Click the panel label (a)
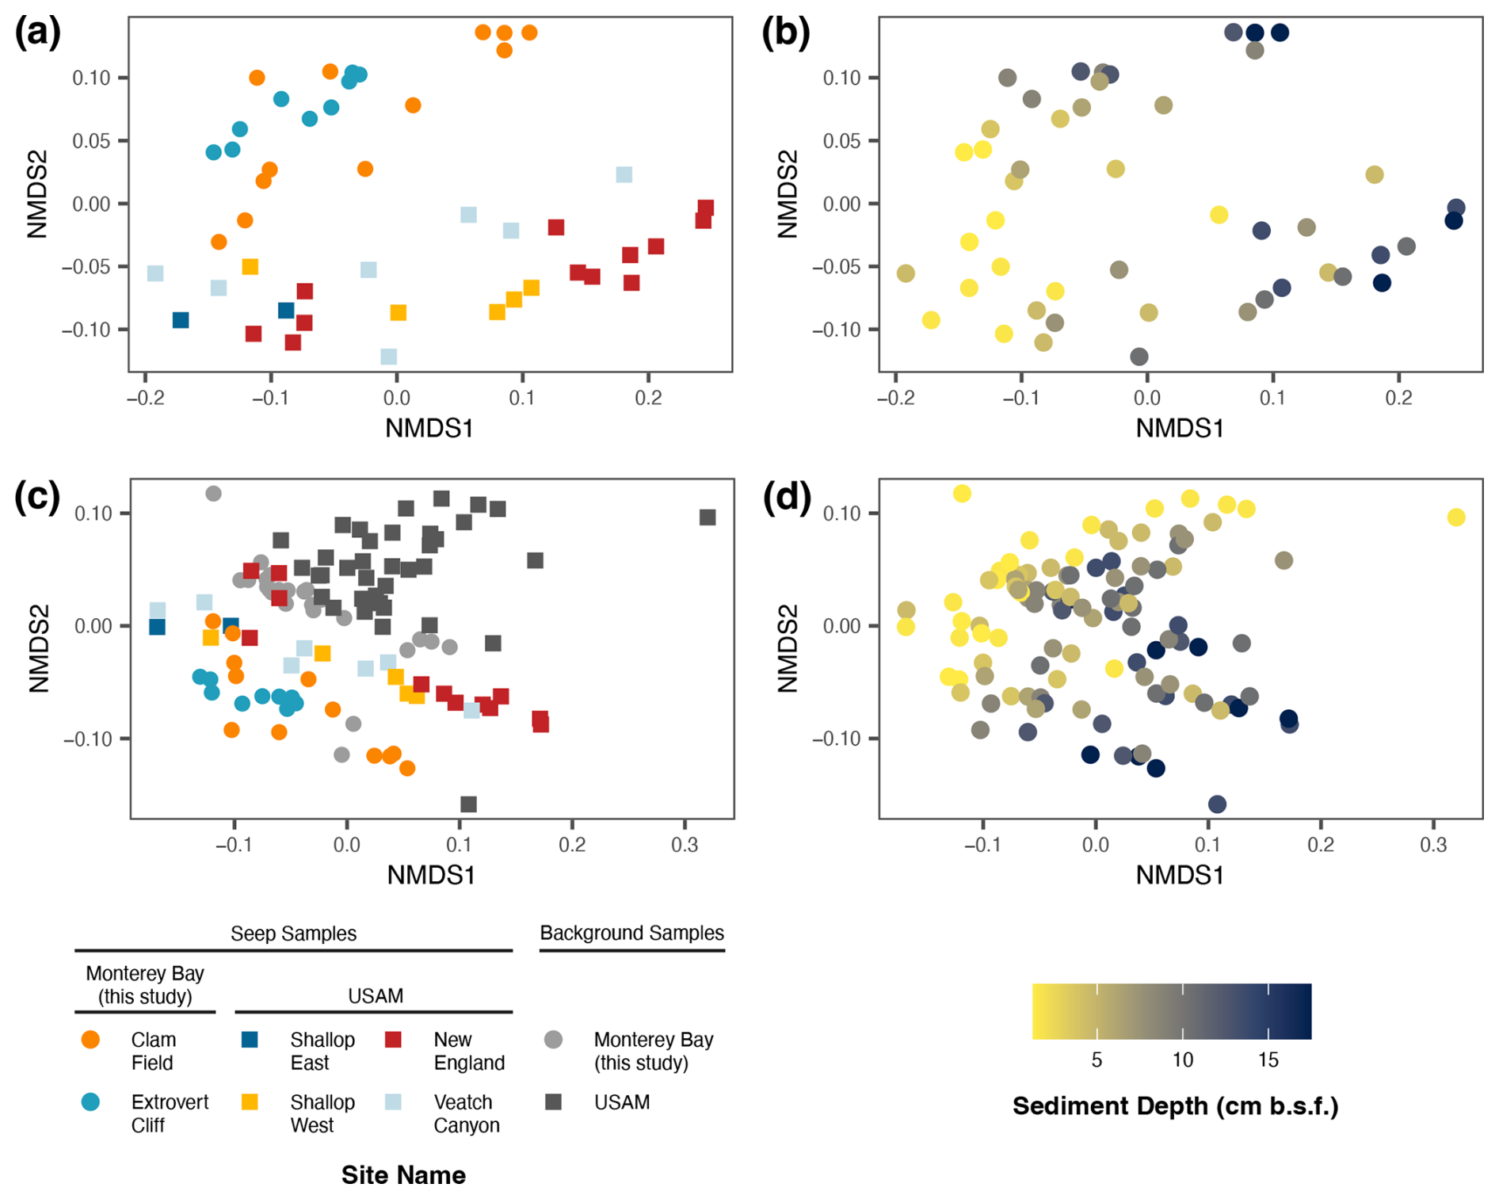(x=36, y=33)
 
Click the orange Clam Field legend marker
(x=91, y=1040)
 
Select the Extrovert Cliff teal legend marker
(x=91, y=1102)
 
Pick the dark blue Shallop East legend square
(x=250, y=1040)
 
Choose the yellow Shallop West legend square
(x=250, y=1102)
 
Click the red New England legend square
(x=393, y=1040)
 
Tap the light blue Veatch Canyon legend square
(x=393, y=1102)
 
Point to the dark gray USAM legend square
(x=554, y=1102)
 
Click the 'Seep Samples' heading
(x=293, y=934)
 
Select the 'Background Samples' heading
(x=631, y=933)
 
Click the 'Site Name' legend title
(x=403, y=1175)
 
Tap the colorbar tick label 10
(x=1182, y=1060)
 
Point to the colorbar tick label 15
(x=1268, y=1060)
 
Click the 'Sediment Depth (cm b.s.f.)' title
(x=1175, y=1106)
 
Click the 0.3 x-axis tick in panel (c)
(x=685, y=845)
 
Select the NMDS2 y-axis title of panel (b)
(x=787, y=194)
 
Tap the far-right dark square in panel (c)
(x=708, y=517)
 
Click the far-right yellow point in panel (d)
(x=1455, y=517)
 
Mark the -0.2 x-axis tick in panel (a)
(x=145, y=398)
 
